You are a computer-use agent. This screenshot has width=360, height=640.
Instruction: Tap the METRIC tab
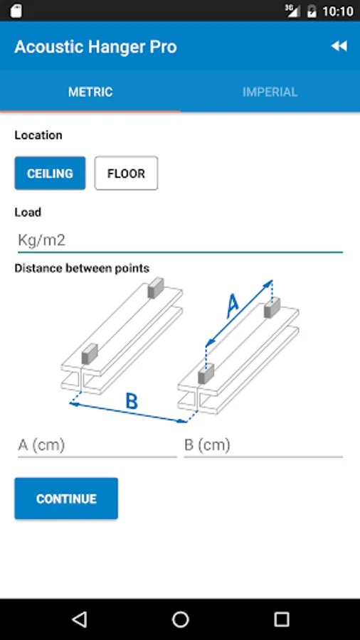(x=90, y=92)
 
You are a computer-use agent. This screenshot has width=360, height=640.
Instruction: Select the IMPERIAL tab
(x=270, y=92)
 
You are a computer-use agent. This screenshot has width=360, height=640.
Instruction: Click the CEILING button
(x=51, y=174)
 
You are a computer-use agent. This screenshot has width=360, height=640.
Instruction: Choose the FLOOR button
(x=126, y=174)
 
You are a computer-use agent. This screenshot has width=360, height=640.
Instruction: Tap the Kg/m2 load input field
(x=180, y=240)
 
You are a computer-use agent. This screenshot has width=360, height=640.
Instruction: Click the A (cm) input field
(x=97, y=445)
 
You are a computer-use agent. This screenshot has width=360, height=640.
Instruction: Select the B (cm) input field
(x=263, y=445)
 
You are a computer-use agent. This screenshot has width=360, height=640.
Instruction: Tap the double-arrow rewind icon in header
(x=339, y=46)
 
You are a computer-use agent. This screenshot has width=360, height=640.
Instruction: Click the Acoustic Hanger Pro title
(x=95, y=47)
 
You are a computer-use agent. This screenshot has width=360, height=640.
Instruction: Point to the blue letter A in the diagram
(x=232, y=306)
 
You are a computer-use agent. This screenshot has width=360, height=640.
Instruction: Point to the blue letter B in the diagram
(x=132, y=401)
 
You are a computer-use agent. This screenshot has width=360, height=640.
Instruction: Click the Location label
(x=38, y=135)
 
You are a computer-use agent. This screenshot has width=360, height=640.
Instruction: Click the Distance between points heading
(x=82, y=268)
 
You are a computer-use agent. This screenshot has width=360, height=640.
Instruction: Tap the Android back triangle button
(x=79, y=619)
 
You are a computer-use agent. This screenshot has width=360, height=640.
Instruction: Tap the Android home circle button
(x=181, y=619)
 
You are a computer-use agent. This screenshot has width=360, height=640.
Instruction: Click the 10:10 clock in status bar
(x=337, y=11)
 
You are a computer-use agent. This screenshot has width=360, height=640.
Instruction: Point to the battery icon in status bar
(x=312, y=11)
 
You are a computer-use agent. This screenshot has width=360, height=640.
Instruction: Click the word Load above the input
(x=28, y=212)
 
